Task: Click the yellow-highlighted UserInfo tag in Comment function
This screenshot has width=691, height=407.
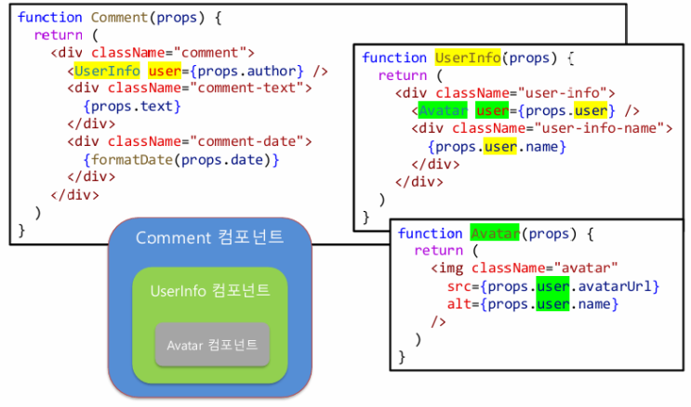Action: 107,71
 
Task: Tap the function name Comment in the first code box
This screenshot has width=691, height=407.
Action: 124,18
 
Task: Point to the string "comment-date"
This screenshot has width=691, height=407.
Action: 255,141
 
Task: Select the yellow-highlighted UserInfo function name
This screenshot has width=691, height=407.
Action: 469,58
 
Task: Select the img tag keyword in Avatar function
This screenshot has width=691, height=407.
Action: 451,269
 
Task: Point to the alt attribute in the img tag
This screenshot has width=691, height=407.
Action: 458,304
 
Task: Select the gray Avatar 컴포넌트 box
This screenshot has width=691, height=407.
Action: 212,346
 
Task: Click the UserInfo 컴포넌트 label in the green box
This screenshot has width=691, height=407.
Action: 209,291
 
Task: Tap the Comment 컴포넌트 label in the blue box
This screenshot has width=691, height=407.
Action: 209,238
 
